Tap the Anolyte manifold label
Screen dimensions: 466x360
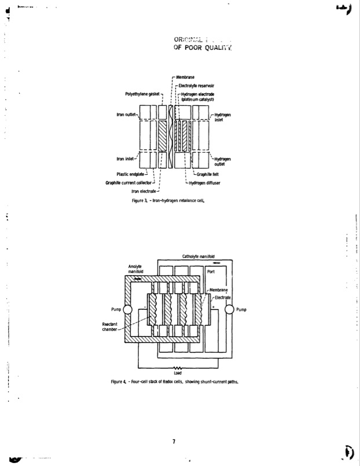click(x=135, y=269)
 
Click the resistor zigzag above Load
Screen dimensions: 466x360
click(x=178, y=368)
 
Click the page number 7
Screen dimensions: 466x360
click(x=174, y=442)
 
